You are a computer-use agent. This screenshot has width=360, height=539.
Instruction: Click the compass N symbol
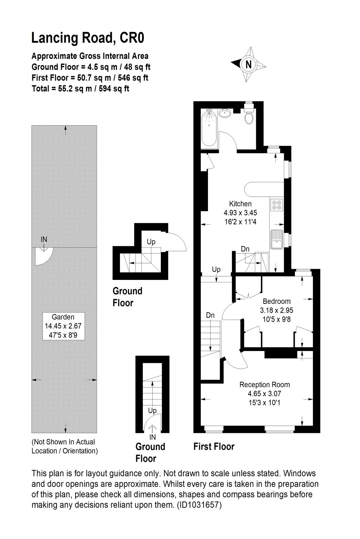[248, 64]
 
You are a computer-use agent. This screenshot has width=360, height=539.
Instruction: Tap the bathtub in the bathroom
[209, 128]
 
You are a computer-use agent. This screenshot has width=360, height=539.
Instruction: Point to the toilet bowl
[249, 118]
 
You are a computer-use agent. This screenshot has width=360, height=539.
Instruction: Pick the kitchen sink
[276, 240]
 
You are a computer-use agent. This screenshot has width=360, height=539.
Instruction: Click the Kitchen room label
[240, 204]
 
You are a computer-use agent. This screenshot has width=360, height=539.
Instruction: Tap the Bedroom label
[277, 301]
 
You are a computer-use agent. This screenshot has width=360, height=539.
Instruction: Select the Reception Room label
[264, 384]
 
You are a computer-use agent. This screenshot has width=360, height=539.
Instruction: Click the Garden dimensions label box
[64, 326]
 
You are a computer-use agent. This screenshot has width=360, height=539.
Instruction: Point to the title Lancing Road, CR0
[88, 38]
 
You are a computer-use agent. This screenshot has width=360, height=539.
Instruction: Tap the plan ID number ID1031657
[199, 505]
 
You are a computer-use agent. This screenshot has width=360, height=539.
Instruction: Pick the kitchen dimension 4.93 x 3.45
[240, 213]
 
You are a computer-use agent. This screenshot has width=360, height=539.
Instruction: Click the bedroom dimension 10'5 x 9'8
[277, 319]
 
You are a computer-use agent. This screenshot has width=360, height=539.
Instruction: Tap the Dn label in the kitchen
[245, 249]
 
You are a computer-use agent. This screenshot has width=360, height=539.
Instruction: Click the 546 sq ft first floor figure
[133, 78]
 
